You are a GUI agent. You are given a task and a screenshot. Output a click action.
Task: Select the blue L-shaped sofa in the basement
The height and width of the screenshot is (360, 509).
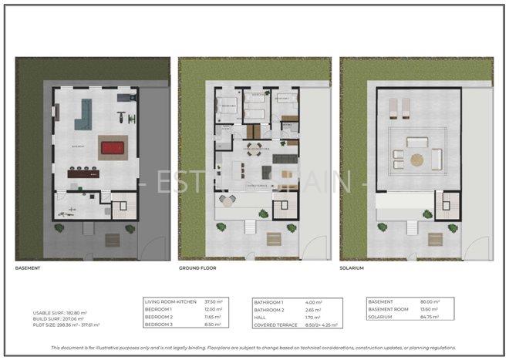click(x=83, y=116)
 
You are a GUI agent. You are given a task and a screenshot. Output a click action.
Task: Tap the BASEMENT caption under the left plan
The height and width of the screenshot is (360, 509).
click(x=28, y=268)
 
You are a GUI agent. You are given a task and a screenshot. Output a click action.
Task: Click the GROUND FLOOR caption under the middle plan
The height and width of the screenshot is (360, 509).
click(x=197, y=268)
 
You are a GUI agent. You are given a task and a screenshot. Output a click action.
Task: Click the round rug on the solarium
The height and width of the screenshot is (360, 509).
click(x=416, y=160)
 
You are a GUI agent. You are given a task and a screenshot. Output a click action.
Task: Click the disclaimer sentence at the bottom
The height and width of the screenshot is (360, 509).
click(x=254, y=348)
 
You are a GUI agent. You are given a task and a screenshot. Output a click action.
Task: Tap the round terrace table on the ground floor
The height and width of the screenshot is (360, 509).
click(x=228, y=199)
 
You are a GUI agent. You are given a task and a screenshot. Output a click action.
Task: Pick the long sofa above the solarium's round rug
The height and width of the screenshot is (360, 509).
click(x=416, y=142)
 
